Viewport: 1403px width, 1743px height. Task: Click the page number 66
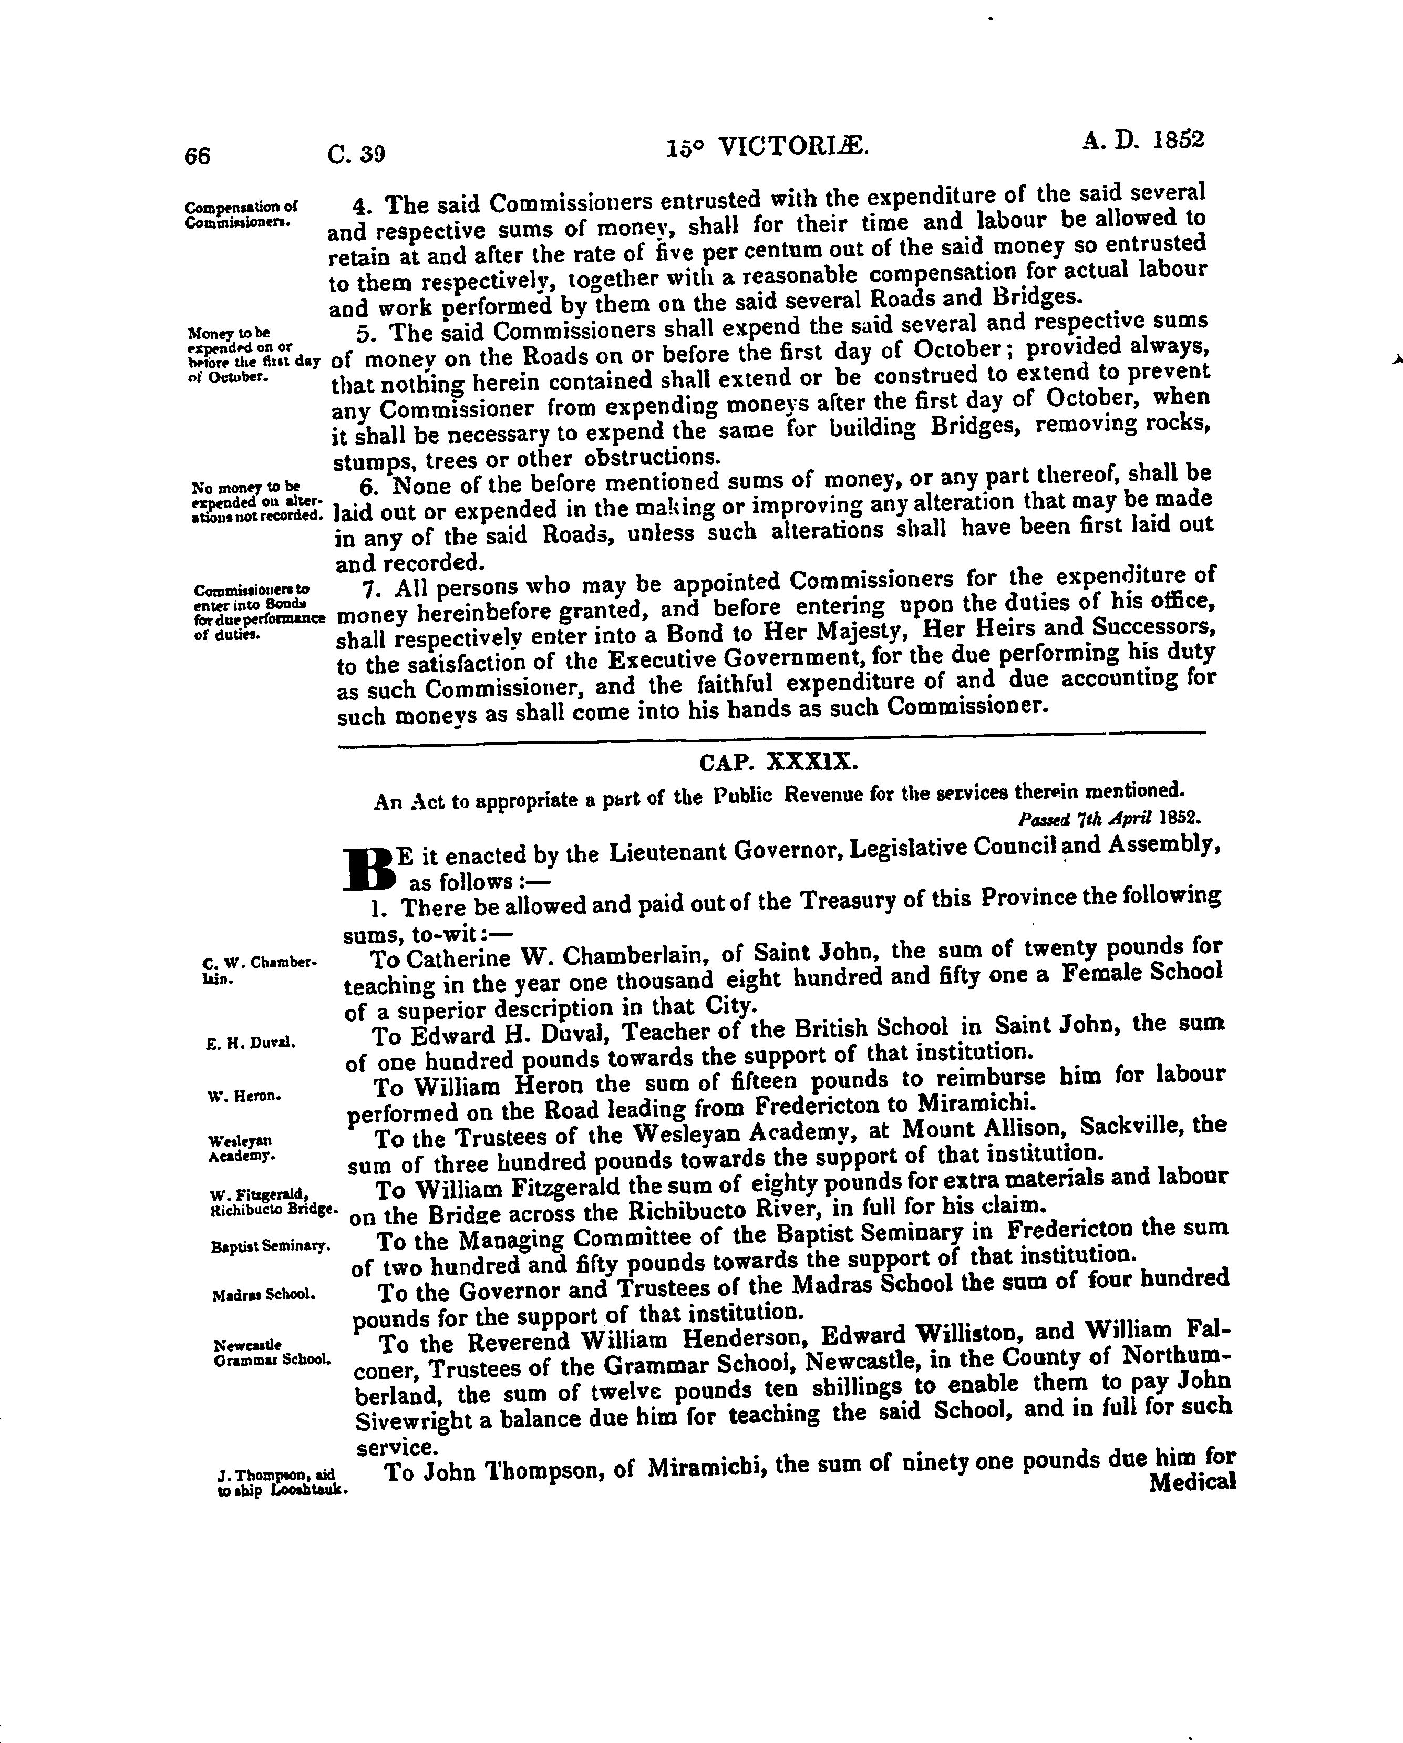(197, 155)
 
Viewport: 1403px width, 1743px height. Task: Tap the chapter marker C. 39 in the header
(356, 153)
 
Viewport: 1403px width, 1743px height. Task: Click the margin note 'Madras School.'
(263, 1294)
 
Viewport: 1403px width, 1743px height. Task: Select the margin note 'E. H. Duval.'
(250, 1043)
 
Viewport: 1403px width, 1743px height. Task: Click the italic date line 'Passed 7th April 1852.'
(1109, 817)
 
